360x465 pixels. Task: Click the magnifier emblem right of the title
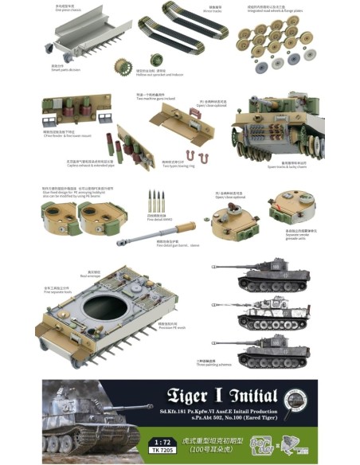pos(295,397)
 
